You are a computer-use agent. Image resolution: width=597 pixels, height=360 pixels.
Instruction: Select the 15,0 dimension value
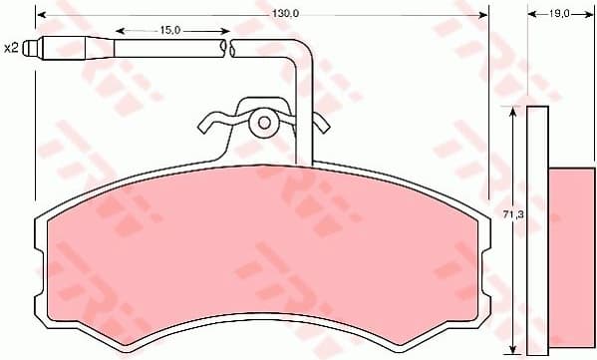[169, 31]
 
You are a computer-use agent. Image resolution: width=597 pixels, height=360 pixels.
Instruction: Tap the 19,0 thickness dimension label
[558, 13]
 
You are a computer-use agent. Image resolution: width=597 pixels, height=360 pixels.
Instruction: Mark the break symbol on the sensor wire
[229, 47]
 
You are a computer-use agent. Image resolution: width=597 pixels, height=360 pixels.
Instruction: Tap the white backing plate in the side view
[537, 229]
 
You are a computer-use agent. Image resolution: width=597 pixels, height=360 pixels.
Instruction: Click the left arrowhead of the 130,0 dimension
[39, 13]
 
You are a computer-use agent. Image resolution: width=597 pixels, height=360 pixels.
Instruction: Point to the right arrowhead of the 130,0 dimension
[484, 13]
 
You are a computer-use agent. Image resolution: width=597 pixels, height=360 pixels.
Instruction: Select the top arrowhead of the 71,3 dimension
[512, 111]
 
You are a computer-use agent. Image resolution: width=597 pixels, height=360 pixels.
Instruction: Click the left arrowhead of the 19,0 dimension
[528, 13]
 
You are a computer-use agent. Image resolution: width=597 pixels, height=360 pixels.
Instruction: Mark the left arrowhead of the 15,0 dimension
[118, 31]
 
